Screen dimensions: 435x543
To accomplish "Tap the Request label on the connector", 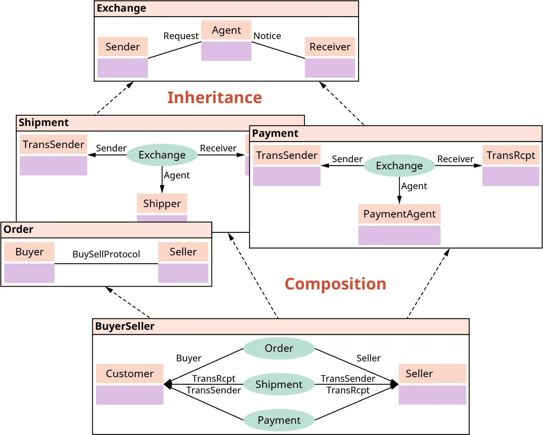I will pyautogui.click(x=181, y=36).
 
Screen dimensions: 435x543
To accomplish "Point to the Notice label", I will pyautogui.click(x=267, y=36).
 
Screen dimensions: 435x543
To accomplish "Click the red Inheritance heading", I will pyautogui.click(x=214, y=98).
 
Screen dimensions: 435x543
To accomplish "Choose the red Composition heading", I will pyautogui.click(x=335, y=284).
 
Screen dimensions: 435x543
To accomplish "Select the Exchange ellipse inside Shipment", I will pyautogui.click(x=162, y=155).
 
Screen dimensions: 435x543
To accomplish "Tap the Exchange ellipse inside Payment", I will pyautogui.click(x=399, y=166).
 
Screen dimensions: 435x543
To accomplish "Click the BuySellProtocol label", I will pyautogui.click(x=106, y=255).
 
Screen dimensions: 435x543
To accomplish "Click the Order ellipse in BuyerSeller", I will pyautogui.click(x=279, y=348).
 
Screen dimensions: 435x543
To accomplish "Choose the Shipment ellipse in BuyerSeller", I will pyautogui.click(x=279, y=385).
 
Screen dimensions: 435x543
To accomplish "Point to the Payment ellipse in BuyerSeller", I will pyautogui.click(x=279, y=420).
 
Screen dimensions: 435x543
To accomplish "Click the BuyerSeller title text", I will pyautogui.click(x=125, y=326).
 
